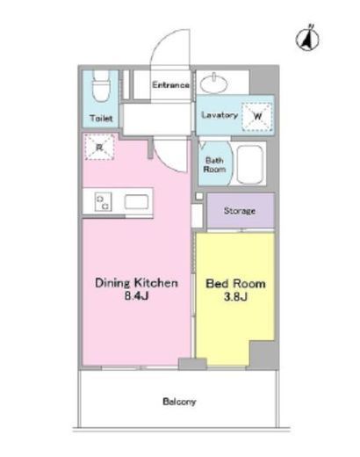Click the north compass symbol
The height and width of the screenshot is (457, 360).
coord(307,39)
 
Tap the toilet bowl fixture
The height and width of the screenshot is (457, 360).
coord(100,86)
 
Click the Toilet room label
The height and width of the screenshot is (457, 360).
coord(101,118)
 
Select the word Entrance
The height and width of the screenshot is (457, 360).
coord(170,85)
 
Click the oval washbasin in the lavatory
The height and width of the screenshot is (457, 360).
coord(214,83)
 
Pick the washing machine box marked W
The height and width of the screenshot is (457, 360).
coord(257,117)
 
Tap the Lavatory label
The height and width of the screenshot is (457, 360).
coord(220,115)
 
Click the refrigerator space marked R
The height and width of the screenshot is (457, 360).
coord(99,147)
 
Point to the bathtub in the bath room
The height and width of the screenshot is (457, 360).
coord(249,164)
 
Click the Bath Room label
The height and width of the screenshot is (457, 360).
coord(215,164)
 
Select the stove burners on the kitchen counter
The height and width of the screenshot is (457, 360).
coord(104,202)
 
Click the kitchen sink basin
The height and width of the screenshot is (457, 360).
coord(136,202)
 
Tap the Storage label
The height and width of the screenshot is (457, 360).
coord(240,211)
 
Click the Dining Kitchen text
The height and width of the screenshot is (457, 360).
coord(136,283)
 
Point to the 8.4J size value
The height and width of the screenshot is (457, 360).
coord(137,296)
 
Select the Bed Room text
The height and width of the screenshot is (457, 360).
coord(235,284)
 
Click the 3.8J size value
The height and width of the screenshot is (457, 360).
coord(235,297)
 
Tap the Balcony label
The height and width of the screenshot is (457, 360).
coord(179,402)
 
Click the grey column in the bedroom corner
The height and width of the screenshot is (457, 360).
coord(263,354)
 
